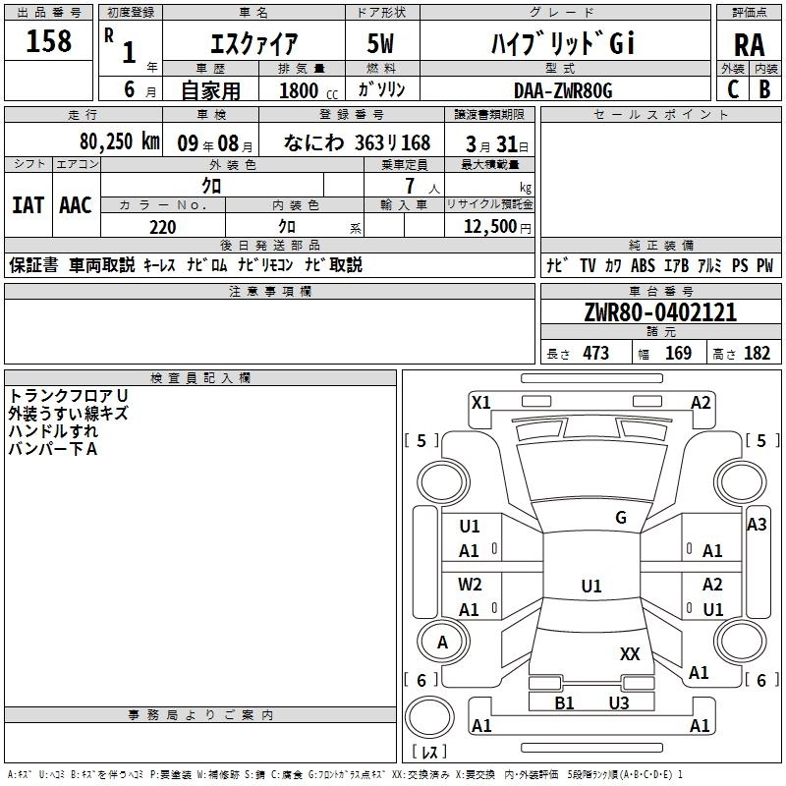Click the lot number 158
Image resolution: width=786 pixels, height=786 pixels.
pyautogui.click(x=48, y=40)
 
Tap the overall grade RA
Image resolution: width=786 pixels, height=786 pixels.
pyautogui.click(x=749, y=45)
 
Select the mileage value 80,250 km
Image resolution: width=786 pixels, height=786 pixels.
pyautogui.click(x=120, y=141)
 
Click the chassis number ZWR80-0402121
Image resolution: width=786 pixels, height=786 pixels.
pyautogui.click(x=660, y=312)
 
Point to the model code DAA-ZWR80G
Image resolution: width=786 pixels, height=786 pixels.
pyautogui.click(x=563, y=90)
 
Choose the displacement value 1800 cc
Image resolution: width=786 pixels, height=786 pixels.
pyautogui.click(x=309, y=90)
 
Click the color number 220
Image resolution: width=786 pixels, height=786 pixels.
pyautogui.click(x=163, y=227)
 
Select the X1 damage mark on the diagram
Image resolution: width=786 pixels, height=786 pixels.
pyautogui.click(x=481, y=403)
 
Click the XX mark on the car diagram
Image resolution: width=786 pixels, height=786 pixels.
pyautogui.click(x=630, y=653)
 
